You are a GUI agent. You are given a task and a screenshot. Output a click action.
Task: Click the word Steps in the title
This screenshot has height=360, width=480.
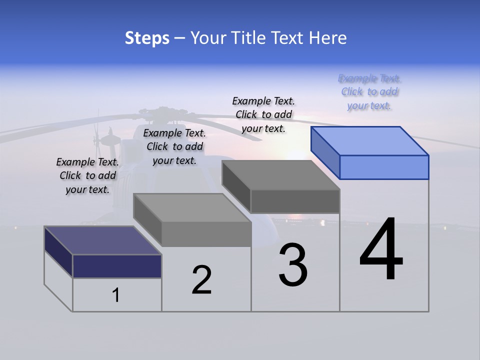tap(147, 38)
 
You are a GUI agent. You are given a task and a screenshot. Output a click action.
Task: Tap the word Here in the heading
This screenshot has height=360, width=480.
tap(327, 38)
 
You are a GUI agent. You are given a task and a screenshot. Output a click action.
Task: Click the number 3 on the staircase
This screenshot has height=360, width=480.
tap(293, 265)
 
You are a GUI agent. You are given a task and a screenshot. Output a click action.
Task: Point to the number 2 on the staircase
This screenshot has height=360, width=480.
tap(201, 279)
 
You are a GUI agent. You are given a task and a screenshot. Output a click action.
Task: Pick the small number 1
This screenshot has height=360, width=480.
tap(116, 295)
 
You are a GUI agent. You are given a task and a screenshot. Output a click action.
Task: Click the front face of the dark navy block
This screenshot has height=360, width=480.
tap(117, 266)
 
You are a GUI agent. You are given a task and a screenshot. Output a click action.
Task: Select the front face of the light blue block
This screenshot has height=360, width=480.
tap(384, 167)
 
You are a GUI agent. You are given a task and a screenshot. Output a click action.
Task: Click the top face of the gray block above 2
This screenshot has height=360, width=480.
tap(192, 207)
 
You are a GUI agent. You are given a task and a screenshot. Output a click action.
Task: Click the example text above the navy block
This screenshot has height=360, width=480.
tap(87, 175)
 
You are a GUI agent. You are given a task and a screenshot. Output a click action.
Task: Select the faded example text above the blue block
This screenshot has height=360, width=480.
tap(369, 92)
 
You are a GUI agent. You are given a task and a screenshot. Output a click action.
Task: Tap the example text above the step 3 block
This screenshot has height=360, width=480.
tap(263, 114)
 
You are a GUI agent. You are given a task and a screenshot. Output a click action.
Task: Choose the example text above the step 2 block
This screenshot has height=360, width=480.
tap(174, 146)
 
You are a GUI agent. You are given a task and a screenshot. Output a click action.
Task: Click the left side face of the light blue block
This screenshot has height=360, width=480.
tap(325, 152)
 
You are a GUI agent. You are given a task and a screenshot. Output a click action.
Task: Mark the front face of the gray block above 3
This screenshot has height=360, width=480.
tap(295, 201)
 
